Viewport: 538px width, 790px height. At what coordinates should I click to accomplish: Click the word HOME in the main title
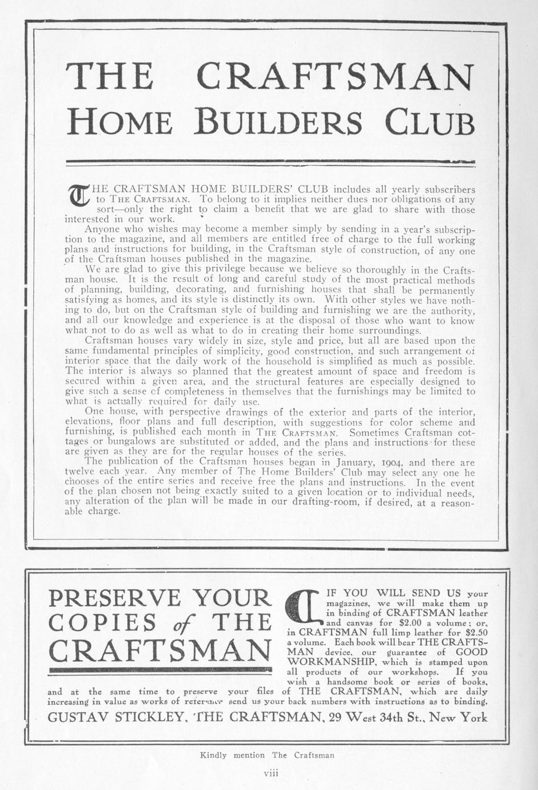coord(119,121)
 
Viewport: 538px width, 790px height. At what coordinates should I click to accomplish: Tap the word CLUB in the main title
coord(429,121)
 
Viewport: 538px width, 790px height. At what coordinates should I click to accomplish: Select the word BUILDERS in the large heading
coord(278,121)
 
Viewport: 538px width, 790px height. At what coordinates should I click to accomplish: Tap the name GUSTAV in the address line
coord(77,717)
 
